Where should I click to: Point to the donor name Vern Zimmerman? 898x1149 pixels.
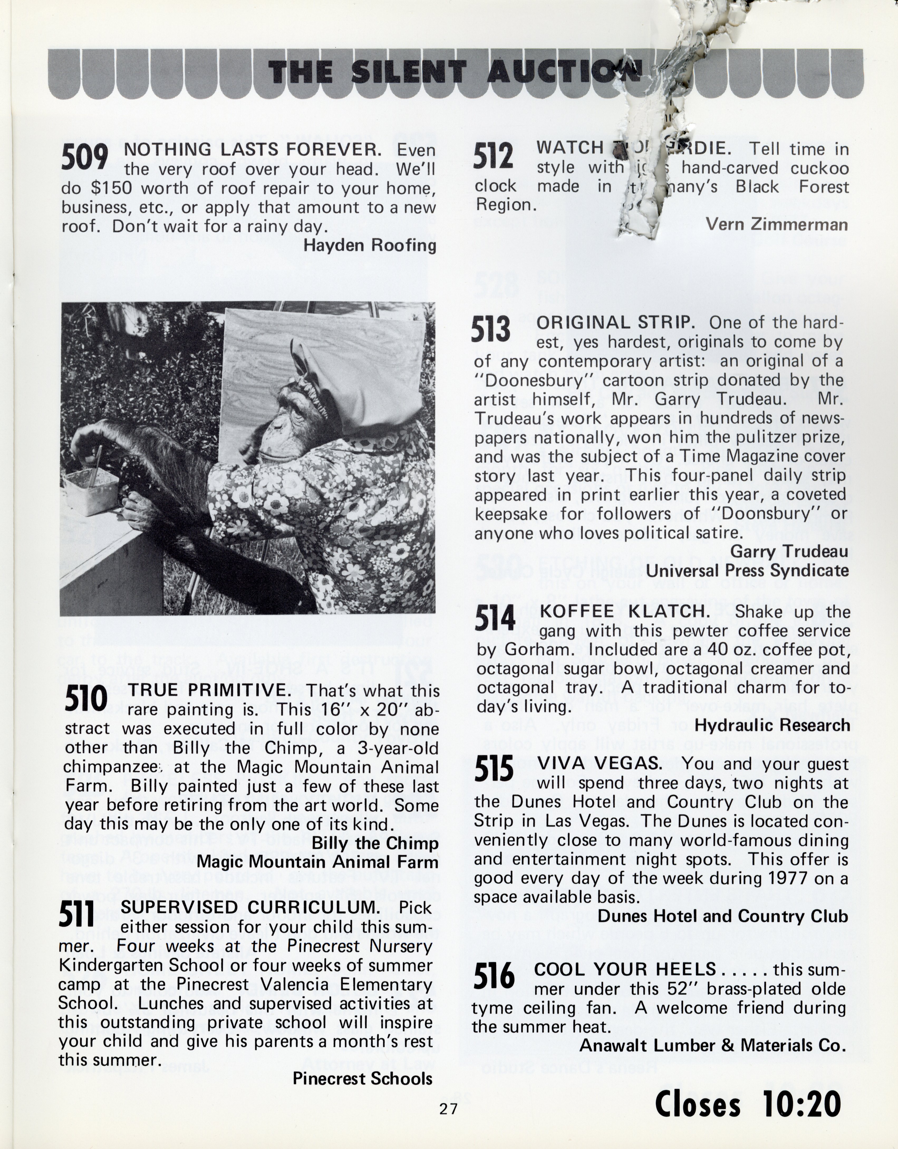[x=776, y=225]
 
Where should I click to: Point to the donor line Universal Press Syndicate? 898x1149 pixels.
[x=747, y=571]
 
